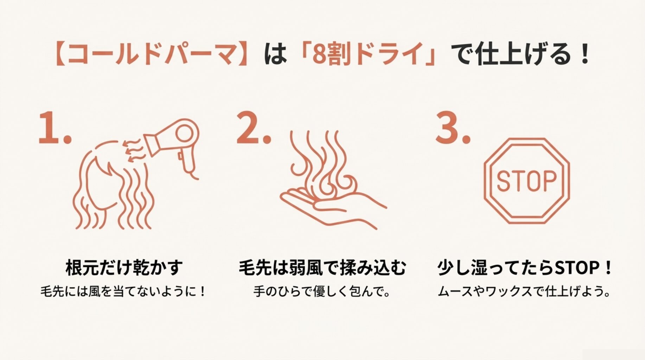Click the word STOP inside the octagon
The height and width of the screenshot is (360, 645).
tap(526, 181)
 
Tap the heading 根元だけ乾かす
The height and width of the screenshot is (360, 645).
tap(124, 268)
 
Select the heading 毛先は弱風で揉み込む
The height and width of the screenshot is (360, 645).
tap(322, 268)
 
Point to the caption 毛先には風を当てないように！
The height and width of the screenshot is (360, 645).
tap(123, 291)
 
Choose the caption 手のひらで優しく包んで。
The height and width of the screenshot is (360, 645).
tap(322, 291)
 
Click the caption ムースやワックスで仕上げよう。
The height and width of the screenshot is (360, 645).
tap(524, 291)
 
